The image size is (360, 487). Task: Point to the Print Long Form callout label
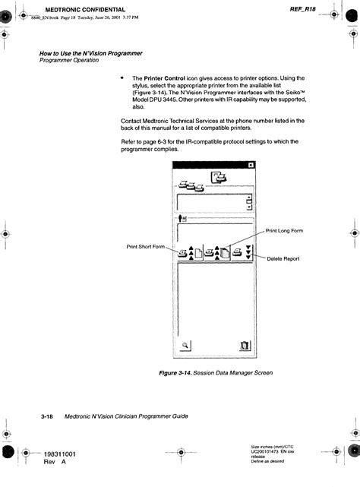pos(285,230)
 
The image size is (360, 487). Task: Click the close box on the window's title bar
pos(251,166)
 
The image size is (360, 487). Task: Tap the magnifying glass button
pos(185,344)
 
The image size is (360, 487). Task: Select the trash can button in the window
pos(244,344)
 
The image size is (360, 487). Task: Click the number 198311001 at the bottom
pos(65,454)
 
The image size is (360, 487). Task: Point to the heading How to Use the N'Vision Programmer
pos(90,53)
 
